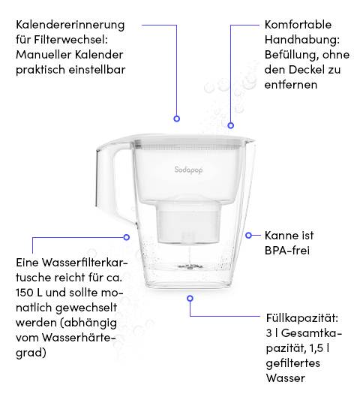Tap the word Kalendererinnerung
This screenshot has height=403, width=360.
point(70,25)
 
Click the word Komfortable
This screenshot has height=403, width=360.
point(298,25)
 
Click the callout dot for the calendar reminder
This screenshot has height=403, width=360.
point(177,119)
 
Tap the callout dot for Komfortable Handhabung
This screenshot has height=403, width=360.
point(231,125)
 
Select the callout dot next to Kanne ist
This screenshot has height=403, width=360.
point(247,235)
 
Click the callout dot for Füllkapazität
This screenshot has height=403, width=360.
point(190,298)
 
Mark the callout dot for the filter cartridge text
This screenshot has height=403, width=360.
point(127,236)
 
